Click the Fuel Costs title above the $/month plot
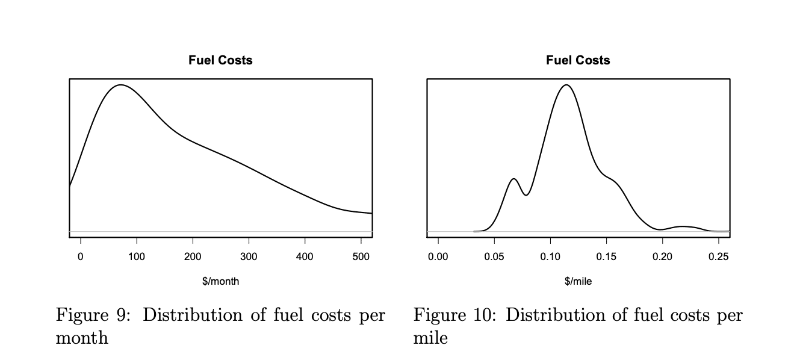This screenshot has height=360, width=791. [x=220, y=60]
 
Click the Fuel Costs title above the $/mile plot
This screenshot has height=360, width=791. [x=578, y=60]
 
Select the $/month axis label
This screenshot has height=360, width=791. [x=220, y=281]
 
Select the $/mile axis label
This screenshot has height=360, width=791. [x=578, y=281]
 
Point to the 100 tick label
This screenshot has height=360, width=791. [x=137, y=256]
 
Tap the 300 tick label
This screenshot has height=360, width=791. [x=249, y=256]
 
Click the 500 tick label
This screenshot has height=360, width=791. [x=361, y=256]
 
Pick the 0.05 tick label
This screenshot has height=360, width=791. [x=494, y=256]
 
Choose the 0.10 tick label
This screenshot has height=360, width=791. [x=550, y=256]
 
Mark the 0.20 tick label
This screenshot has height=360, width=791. [x=662, y=256]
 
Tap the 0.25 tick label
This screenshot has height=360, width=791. [x=718, y=256]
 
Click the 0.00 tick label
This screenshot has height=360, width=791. [x=438, y=256]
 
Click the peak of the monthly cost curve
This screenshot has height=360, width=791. [x=121, y=85]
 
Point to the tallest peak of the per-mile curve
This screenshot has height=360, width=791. [x=566, y=85]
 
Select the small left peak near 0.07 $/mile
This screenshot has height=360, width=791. [x=513, y=179]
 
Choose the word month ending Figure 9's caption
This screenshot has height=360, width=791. [x=82, y=338]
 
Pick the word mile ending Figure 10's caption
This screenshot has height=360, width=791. [x=430, y=338]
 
